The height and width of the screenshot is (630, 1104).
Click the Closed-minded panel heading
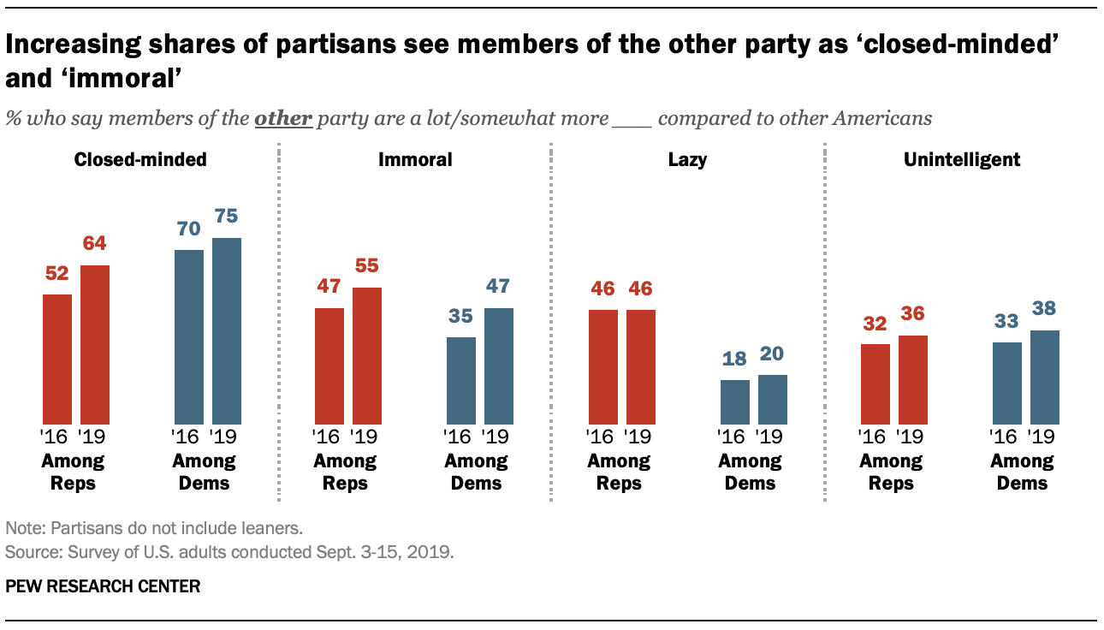click(140, 159)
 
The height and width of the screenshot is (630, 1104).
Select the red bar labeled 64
click(94, 344)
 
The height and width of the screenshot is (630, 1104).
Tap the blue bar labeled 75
click(226, 330)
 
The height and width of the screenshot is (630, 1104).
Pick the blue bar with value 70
click(189, 336)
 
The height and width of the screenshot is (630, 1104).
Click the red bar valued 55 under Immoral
click(367, 355)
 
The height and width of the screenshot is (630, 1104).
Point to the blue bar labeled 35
click(461, 380)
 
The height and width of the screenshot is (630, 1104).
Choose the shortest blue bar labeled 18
click(734, 401)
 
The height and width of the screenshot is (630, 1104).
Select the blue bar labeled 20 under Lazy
click(773, 399)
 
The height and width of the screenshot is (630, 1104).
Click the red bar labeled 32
click(875, 383)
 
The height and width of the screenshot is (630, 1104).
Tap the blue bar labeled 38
click(1044, 377)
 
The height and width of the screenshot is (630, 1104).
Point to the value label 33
click(1006, 322)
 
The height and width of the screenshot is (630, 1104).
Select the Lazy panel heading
click(688, 159)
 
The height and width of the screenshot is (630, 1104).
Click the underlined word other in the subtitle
click(283, 118)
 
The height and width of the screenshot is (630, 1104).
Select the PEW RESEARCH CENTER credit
click(103, 586)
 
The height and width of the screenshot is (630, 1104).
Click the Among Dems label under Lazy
click(750, 472)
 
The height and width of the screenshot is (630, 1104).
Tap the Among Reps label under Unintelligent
click(891, 472)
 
